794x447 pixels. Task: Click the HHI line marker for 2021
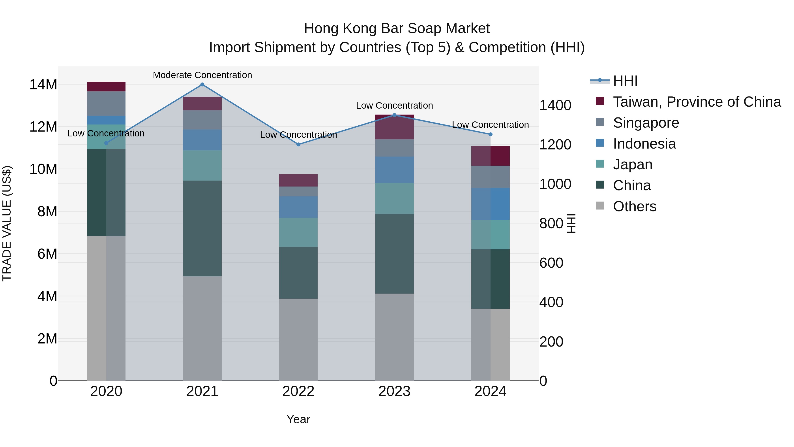[202, 85]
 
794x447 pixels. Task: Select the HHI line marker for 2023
[394, 115]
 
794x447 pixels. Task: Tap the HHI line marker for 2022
[298, 144]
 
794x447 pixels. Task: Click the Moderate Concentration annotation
[202, 75]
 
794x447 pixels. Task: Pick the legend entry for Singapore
[646, 123]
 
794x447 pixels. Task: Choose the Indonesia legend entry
[644, 144]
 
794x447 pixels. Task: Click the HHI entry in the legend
[625, 81]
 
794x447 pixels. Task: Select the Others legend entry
[634, 206]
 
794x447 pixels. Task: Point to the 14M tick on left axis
[43, 85]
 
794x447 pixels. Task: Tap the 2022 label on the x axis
[298, 391]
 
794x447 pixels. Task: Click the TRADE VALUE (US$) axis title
[7, 223]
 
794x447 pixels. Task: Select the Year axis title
[298, 419]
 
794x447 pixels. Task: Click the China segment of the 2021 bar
[202, 228]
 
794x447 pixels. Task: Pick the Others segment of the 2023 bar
[394, 337]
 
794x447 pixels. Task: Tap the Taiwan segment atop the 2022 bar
[298, 180]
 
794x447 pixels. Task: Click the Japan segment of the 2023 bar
[394, 198]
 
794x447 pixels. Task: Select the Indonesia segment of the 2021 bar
[202, 140]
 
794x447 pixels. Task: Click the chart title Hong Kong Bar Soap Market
[397, 28]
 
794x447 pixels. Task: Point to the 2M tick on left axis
[47, 339]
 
